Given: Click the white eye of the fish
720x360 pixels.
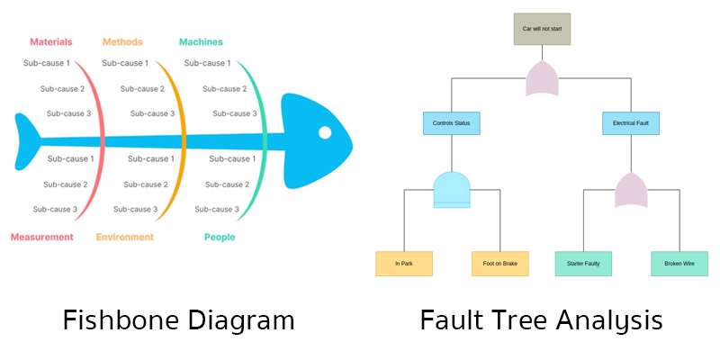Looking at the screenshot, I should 325,133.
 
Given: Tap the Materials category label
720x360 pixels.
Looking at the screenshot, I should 51,41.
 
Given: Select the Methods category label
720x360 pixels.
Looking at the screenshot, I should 122,41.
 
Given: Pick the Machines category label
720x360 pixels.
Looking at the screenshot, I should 201,41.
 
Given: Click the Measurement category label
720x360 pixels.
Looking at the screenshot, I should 41,237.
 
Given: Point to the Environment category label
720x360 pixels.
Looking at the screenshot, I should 125,237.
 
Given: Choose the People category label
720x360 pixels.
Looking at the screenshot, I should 220,237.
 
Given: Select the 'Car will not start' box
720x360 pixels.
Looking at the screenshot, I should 542,29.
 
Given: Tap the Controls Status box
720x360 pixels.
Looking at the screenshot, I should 451,122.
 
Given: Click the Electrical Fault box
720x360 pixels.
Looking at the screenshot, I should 631,122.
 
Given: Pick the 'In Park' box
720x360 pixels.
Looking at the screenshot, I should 404,264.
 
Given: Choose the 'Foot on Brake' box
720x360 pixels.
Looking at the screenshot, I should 499,264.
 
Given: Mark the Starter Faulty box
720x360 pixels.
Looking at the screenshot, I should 583,264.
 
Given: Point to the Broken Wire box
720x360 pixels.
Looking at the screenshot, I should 679,264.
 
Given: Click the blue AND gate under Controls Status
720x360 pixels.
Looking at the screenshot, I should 452,190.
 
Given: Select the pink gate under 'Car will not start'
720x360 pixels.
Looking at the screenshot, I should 542,79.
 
